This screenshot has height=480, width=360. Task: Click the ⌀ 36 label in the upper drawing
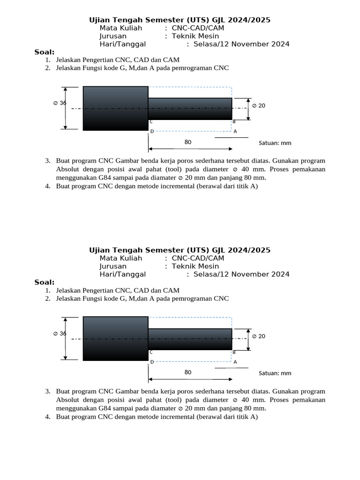(x=60, y=103)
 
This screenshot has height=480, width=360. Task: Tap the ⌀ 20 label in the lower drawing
(x=259, y=336)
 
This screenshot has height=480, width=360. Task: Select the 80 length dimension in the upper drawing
(x=188, y=142)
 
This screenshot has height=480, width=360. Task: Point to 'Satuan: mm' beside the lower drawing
(x=275, y=373)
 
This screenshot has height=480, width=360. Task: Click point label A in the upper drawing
(x=235, y=131)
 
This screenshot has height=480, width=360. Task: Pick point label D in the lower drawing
(x=151, y=362)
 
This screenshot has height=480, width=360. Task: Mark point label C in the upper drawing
(x=151, y=121)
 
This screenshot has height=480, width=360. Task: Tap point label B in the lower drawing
(x=234, y=352)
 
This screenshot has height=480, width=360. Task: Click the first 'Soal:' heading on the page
(x=45, y=52)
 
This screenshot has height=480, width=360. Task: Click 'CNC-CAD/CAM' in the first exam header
(x=198, y=28)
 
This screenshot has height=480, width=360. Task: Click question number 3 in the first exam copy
(x=48, y=161)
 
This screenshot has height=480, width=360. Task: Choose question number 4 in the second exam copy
(x=48, y=417)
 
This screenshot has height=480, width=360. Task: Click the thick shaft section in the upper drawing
(x=116, y=108)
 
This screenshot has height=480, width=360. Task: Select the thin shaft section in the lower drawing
(x=190, y=339)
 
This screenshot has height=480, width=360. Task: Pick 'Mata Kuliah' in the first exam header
(x=120, y=28)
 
